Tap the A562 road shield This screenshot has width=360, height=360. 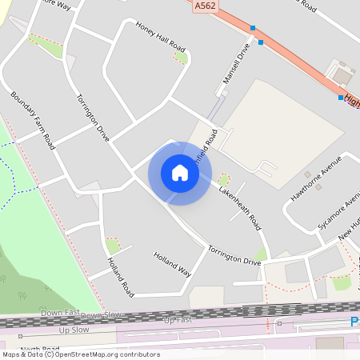(x=204, y=6)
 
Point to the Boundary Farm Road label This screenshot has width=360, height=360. (x=33, y=120)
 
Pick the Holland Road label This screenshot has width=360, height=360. (x=119, y=274)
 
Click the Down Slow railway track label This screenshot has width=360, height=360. (x=102, y=315)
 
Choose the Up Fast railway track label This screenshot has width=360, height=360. (x=178, y=320)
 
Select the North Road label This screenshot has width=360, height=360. (x=40, y=350)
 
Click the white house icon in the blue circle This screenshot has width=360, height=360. (x=180, y=173)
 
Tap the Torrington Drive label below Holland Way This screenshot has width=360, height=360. (x=234, y=256)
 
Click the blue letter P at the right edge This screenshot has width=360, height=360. (x=354, y=322)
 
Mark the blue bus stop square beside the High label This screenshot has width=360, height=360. (x=341, y=98)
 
